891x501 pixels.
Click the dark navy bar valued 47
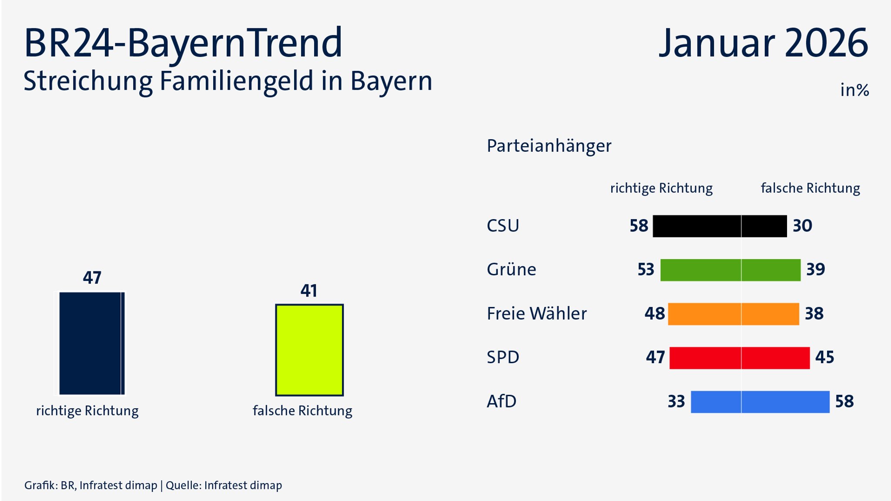coord(92,343)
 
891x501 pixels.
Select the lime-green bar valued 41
coord(309,350)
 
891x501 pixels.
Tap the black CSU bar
coord(720,226)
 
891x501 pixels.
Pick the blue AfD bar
coord(760,402)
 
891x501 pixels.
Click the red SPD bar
coord(740,358)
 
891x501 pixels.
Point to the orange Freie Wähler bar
coord(734,314)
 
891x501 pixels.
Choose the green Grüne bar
coord(730,270)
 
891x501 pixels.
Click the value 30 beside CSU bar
coord(802,226)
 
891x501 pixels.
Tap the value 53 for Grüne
coord(646,270)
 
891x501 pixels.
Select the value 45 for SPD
coord(824,358)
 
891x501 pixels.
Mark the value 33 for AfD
coord(676,402)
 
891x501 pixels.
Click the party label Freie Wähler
coord(536,314)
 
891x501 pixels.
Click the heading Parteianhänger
coord(549,146)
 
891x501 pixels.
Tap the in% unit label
coord(854,90)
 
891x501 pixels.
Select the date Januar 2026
coord(763,43)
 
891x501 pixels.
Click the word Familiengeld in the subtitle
coord(237,82)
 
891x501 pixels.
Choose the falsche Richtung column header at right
coord(810,188)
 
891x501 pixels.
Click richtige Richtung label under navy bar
coord(87,411)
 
